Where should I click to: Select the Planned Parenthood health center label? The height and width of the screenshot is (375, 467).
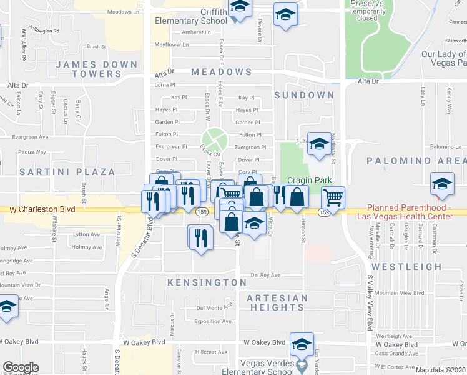click(409, 212)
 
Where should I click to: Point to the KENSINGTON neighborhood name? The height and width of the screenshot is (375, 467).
click(207, 282)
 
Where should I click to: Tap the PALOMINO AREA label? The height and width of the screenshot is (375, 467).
click(416, 161)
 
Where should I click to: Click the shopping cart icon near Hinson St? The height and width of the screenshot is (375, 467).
click(333, 198)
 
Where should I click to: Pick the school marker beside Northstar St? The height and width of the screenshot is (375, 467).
click(318, 145)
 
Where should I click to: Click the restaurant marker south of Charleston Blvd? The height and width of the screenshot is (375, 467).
click(200, 237)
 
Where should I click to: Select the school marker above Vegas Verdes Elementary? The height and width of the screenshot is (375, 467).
click(301, 344)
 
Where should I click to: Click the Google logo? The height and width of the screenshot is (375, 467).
click(21, 367)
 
